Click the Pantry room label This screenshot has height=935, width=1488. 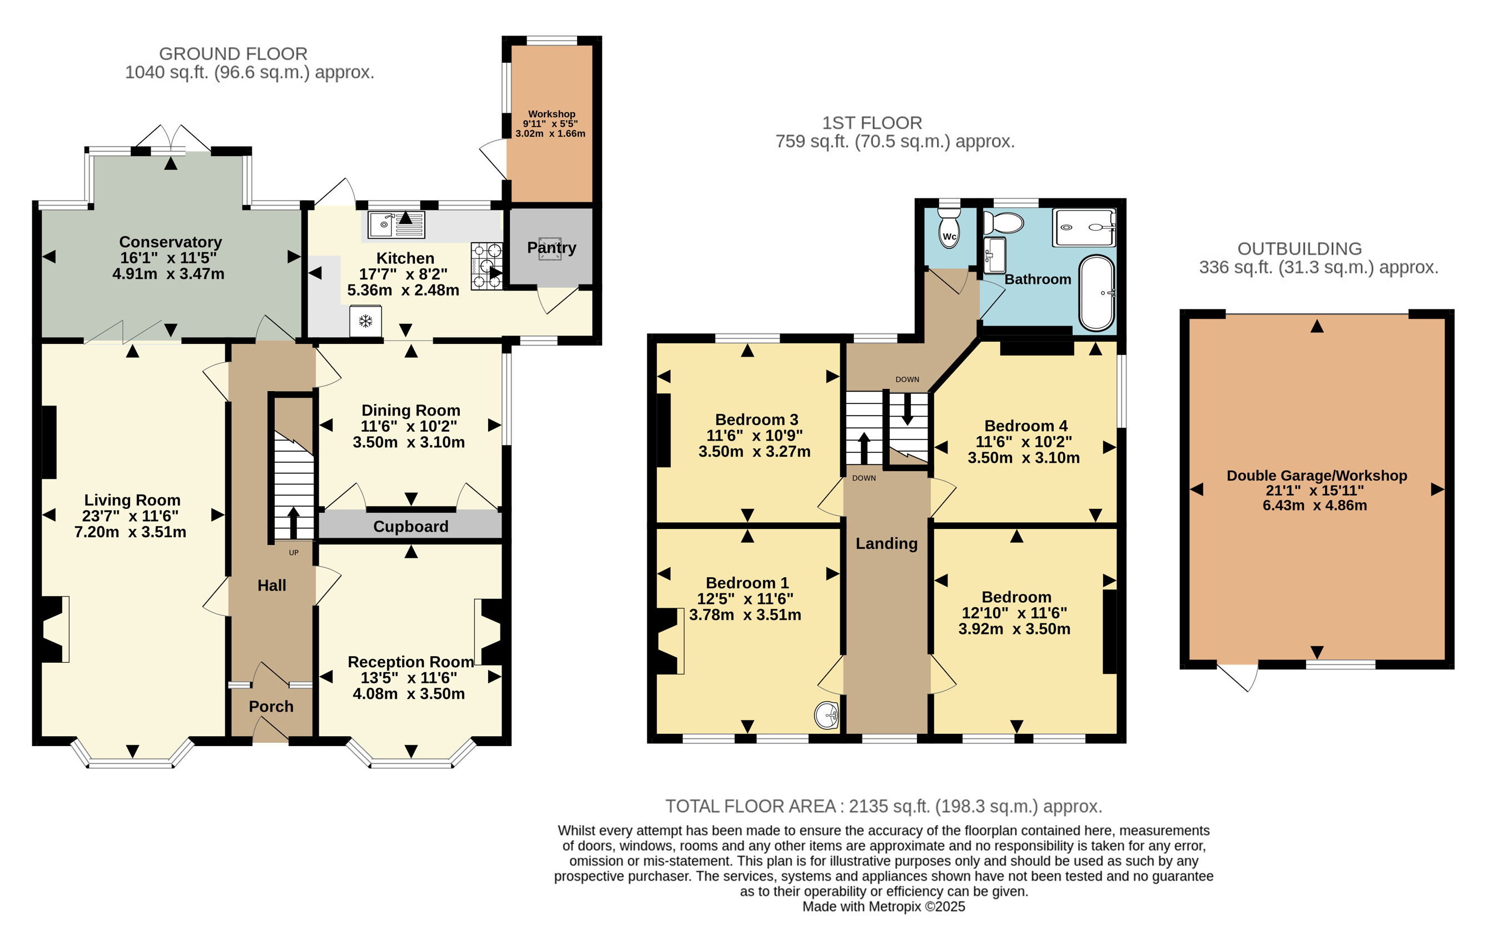551,248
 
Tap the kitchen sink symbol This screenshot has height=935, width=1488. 396,224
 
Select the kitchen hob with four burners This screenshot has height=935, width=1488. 487,266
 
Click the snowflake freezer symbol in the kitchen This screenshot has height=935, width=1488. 365,321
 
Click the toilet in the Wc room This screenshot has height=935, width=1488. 949,228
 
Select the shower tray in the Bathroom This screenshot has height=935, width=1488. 1084,227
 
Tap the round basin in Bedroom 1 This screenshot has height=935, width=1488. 827,715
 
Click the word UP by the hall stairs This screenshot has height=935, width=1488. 294,553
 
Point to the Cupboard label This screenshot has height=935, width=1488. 411,527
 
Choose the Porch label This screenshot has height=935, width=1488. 271,707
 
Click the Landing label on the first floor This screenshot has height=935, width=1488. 886,543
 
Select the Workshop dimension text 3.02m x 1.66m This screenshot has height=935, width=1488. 550,133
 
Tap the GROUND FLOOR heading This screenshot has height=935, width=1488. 233,54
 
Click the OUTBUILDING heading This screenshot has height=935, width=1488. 1299,249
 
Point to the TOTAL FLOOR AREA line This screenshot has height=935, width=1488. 884,807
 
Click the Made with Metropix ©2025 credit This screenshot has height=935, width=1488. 884,907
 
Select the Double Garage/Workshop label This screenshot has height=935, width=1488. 1317,476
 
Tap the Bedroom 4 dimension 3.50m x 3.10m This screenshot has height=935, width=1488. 1024,458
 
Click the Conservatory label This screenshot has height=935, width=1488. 171,242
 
